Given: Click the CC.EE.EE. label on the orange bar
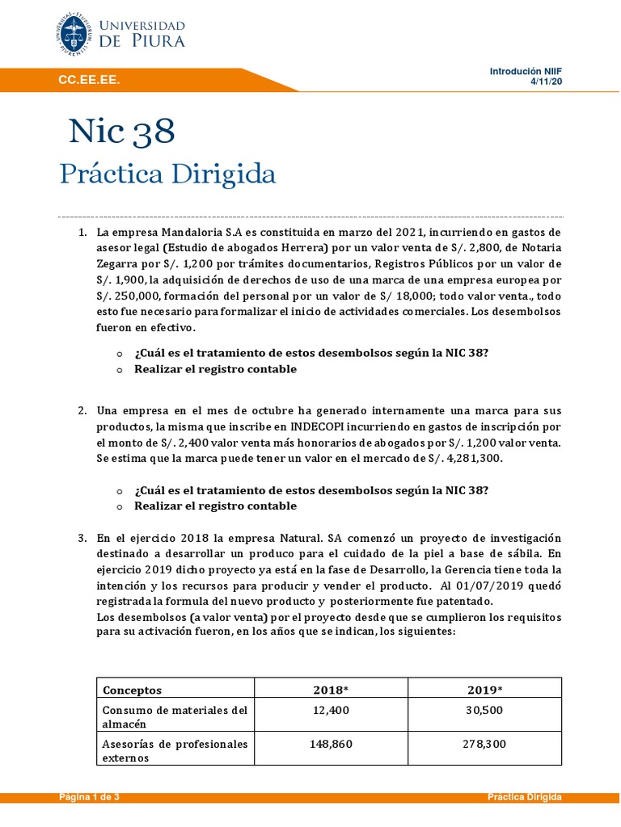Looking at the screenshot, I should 87,79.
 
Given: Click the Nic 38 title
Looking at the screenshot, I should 121,132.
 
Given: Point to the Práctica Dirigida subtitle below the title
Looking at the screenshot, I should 168,174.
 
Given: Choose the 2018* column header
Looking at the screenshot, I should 331,690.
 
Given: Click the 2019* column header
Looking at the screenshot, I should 485,690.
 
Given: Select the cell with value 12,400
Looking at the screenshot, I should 331,709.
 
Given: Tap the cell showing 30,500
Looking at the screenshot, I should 485,709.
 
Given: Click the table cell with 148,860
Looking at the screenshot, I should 331,744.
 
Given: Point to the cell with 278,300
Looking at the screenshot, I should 485,744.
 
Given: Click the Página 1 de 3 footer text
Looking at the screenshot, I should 89,797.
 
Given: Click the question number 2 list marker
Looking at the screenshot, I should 82,410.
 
